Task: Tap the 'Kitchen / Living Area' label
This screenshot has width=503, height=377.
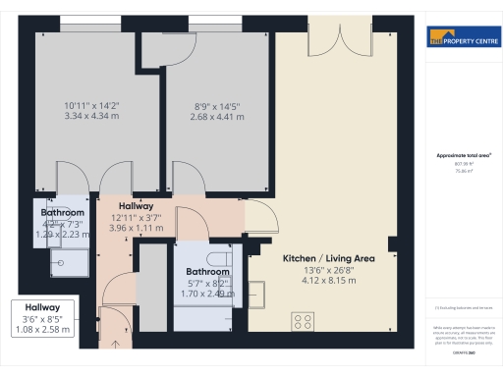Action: (328, 258)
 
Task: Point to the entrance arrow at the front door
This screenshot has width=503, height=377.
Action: (116, 344)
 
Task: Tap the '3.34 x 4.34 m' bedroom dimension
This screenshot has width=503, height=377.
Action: (90, 115)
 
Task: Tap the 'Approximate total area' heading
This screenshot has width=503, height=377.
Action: (463, 155)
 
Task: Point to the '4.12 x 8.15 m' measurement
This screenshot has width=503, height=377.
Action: (328, 281)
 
